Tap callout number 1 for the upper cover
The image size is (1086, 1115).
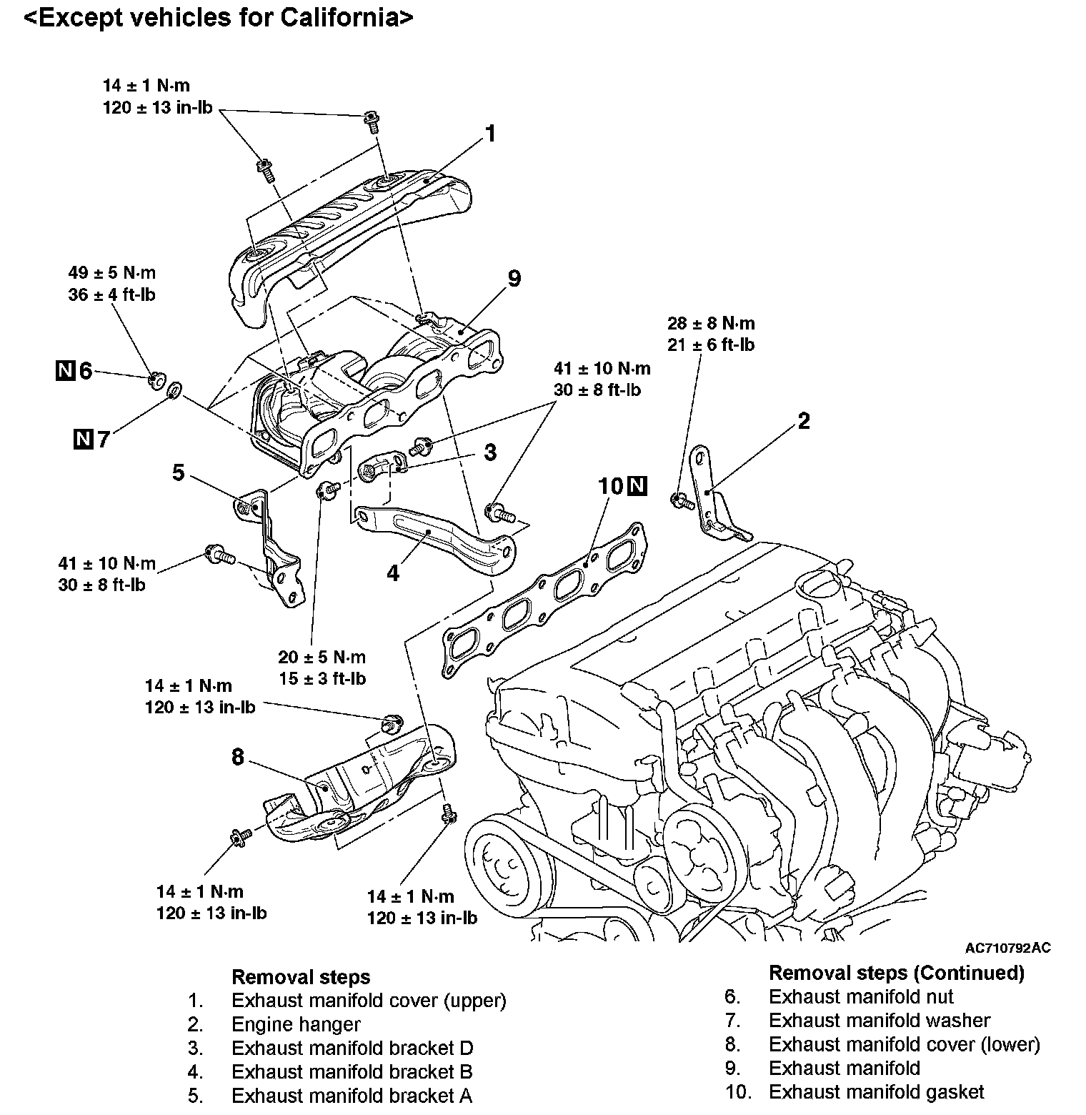point(490,134)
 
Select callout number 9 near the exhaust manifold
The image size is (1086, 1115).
point(514,278)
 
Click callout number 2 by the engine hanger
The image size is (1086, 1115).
point(804,422)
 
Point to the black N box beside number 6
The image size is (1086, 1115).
point(65,371)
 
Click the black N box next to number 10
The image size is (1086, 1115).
point(637,487)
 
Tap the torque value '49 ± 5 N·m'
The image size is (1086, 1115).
point(111,273)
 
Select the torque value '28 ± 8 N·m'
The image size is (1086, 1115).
point(711,323)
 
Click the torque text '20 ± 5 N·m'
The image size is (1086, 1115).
point(322,657)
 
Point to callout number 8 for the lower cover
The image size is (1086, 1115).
point(238,757)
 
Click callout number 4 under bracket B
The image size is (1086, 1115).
point(393,573)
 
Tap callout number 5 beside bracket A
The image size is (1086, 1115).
point(179,472)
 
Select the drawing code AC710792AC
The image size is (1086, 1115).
point(1007,948)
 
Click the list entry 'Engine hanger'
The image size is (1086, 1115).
point(296,1024)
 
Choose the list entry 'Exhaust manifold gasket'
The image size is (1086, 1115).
point(876,1092)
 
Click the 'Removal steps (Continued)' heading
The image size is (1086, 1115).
point(896,973)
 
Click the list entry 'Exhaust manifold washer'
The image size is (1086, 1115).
point(880,1021)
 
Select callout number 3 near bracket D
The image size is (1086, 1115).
point(489,452)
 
